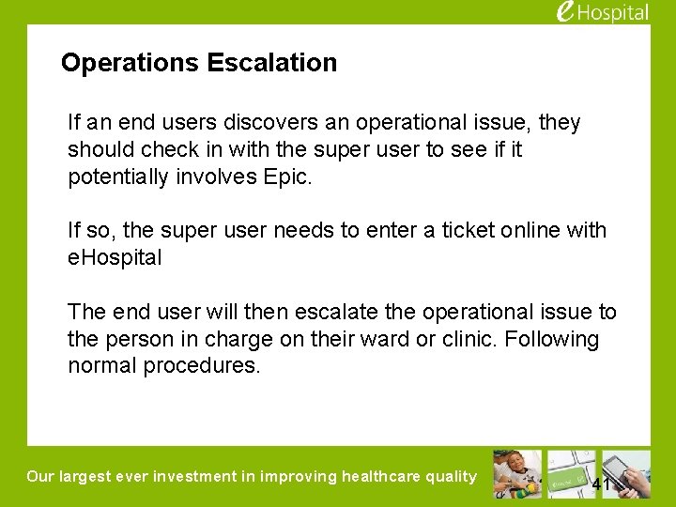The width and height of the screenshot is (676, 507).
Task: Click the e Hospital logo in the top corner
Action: pyautogui.click(x=602, y=12)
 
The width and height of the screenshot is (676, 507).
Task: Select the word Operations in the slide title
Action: pyautogui.click(x=131, y=63)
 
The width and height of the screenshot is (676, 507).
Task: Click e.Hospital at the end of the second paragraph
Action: pyautogui.click(x=115, y=257)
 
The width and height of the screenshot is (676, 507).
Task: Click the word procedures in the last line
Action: pyautogui.click(x=201, y=366)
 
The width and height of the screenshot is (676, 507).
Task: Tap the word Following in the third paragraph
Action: pyautogui.click(x=552, y=339)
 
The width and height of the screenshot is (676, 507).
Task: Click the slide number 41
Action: pyautogui.click(x=602, y=484)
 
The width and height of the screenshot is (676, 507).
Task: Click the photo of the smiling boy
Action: pyautogui.click(x=517, y=474)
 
